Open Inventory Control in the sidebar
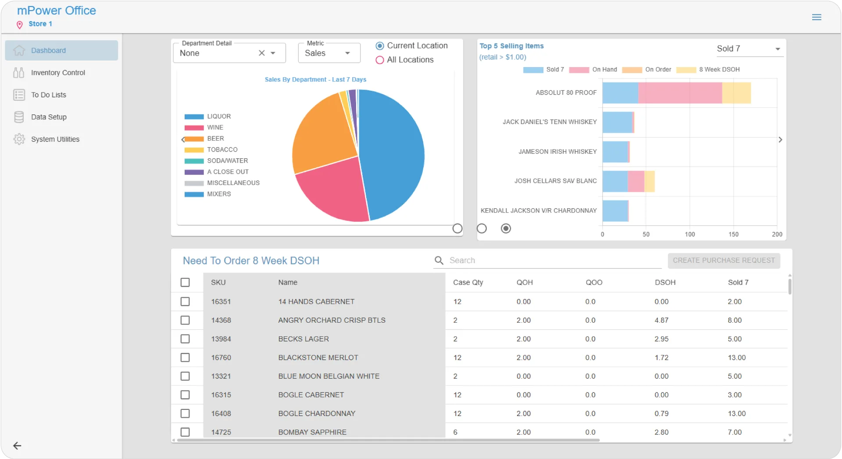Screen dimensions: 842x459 58,73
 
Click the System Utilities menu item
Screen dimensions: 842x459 55,139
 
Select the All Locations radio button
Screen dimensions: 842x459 380,60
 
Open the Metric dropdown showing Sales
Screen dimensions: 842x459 329,53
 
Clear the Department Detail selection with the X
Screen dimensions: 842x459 262,53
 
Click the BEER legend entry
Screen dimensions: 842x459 215,139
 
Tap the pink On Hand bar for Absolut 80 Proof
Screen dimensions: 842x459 680,93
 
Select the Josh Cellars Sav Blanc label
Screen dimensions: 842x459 555,181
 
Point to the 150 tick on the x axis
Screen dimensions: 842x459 733,235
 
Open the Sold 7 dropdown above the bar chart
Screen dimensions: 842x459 748,49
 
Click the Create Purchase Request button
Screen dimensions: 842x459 724,260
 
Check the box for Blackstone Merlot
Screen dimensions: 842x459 186,358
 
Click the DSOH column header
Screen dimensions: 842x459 665,283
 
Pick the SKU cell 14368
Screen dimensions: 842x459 221,320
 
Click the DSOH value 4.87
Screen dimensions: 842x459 661,320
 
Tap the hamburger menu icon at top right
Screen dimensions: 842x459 817,17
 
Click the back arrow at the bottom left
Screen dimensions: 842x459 17,446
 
